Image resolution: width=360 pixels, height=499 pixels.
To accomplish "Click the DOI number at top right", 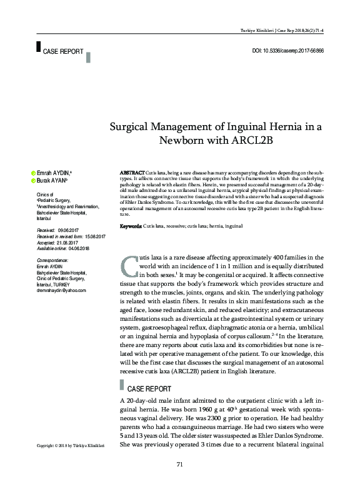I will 287,49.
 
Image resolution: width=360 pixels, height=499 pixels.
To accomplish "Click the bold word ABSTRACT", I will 132,171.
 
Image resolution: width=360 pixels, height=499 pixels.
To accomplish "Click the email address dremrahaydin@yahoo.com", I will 61,290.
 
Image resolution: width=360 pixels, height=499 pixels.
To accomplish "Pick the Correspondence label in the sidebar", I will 52,260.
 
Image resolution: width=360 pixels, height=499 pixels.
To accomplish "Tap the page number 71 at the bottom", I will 179,463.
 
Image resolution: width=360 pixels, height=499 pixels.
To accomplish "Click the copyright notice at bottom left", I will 70,446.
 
